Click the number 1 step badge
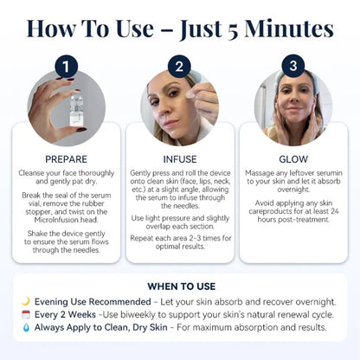66,67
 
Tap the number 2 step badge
180,67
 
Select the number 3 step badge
293,67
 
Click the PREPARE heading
66,159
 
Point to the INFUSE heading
180,159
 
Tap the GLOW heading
293,159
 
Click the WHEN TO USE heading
180,286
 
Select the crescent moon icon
25,300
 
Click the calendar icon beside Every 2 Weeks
25,314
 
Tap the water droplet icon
25,328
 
